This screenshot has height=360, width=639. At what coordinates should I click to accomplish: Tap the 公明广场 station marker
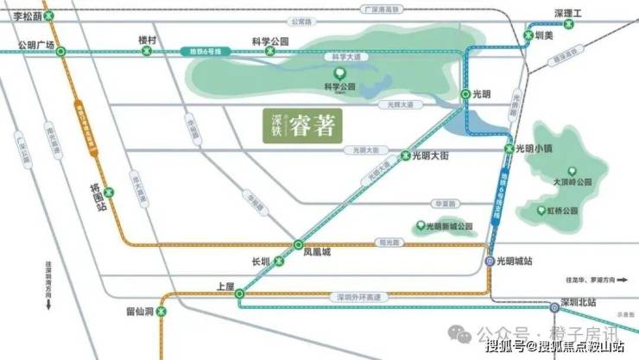[60, 52]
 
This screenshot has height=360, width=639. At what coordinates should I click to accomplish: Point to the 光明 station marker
[465, 93]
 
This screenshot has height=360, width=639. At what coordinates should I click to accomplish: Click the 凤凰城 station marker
[298, 245]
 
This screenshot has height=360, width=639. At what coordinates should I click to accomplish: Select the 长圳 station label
[261, 260]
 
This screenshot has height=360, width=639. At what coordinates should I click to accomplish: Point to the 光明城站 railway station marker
[489, 261]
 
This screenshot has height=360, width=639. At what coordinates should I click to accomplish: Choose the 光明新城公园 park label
[451, 226]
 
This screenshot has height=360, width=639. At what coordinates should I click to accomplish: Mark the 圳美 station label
[546, 36]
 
